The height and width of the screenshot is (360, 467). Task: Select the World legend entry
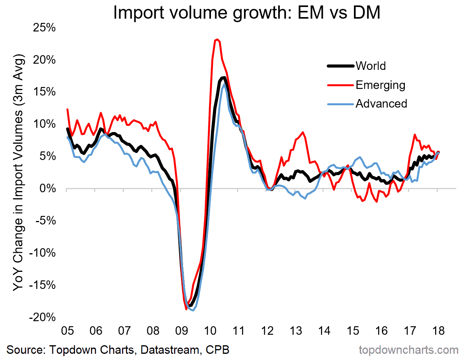[x=371, y=66]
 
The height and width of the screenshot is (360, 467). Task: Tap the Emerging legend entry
[x=380, y=85]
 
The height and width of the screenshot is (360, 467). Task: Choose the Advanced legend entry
[x=381, y=104]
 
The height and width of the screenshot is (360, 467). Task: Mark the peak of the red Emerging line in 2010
[x=217, y=39]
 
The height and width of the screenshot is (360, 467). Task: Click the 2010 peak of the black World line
[x=223, y=78]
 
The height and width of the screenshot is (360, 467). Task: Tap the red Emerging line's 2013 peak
[x=303, y=132]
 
